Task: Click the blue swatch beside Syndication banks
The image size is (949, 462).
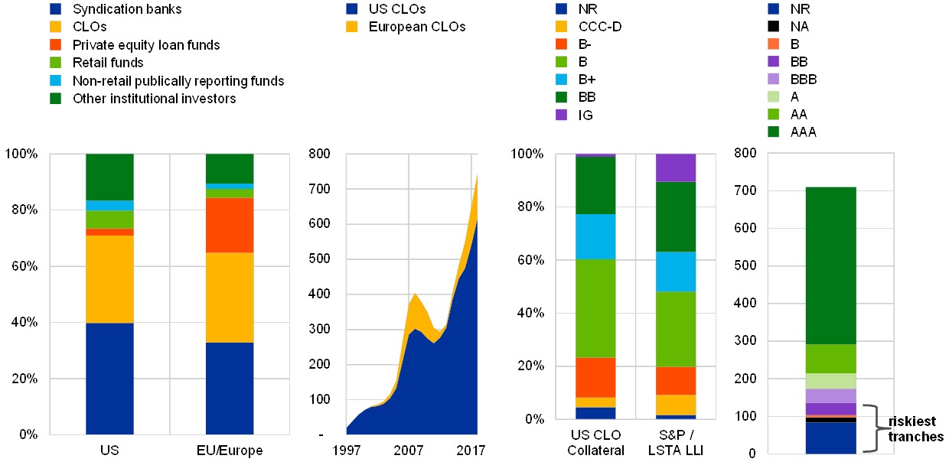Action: point(56,10)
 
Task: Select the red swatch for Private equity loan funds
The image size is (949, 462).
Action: point(56,45)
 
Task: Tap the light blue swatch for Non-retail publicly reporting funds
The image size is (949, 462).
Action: point(56,80)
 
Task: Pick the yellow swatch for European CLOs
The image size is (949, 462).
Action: point(351,27)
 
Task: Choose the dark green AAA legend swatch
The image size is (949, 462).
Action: point(774,132)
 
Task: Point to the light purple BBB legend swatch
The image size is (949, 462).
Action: point(774,80)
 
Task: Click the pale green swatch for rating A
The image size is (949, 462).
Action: point(774,97)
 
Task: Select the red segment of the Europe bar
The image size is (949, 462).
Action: point(230,225)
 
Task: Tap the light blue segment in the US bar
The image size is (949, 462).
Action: point(109,205)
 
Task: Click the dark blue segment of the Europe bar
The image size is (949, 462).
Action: point(230,388)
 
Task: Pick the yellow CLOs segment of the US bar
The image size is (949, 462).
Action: point(109,279)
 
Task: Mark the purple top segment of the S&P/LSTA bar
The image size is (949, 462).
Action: point(677,168)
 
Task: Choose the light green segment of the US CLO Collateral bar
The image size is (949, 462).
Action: point(595,308)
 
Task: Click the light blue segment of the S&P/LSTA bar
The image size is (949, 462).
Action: point(677,272)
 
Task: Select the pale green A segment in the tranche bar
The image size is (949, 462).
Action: point(830,381)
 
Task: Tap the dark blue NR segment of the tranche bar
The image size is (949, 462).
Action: point(830,438)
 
